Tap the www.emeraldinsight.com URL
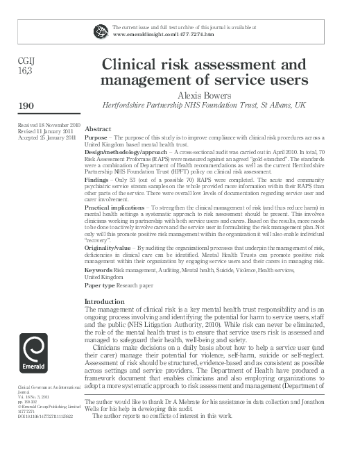point(162,33)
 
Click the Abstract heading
point(98,130)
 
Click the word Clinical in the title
point(134,65)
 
